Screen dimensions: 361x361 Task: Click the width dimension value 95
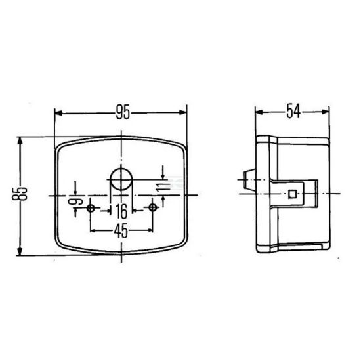(121, 112)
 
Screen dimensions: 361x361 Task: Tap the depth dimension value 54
(293, 112)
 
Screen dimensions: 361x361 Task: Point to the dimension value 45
(121, 230)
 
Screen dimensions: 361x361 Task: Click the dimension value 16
(121, 211)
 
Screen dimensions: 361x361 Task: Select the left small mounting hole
(91, 208)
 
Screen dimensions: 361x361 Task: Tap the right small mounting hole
(152, 208)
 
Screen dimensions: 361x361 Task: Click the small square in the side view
(292, 194)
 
